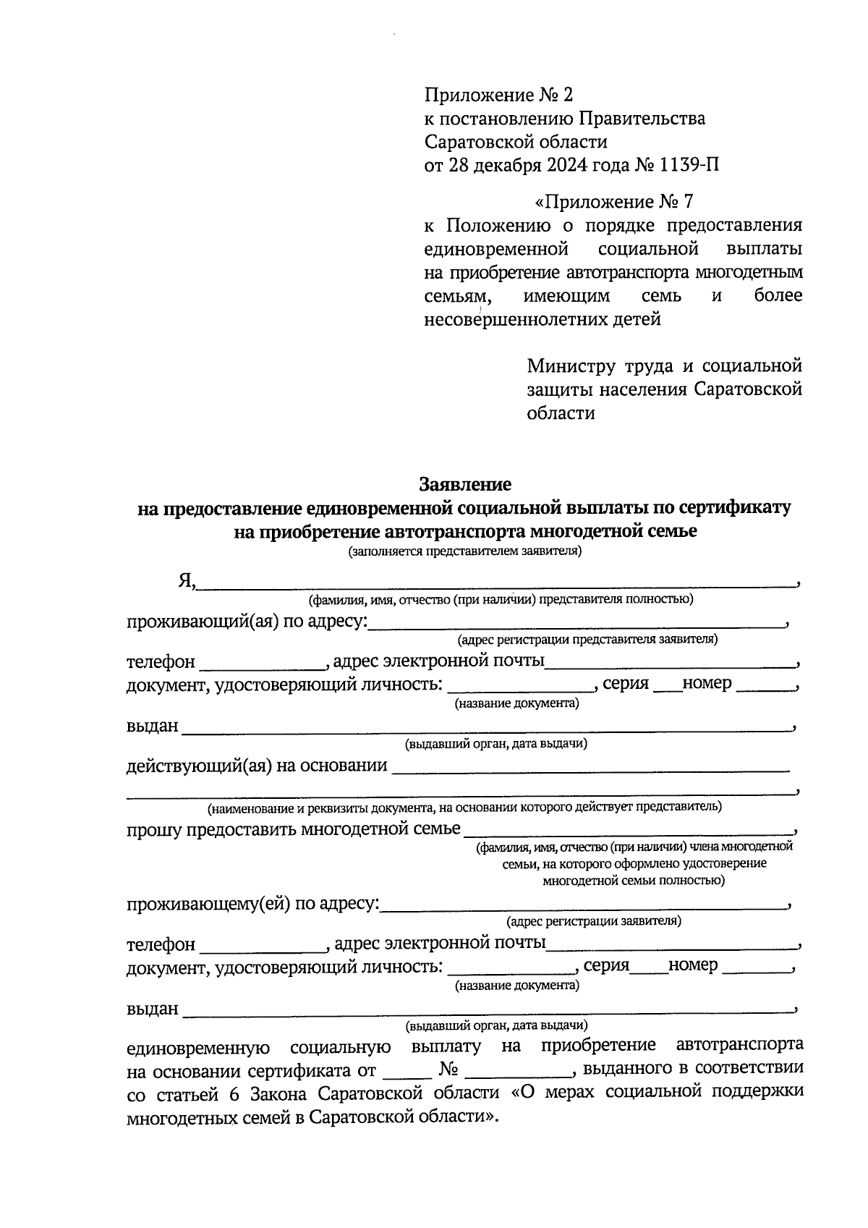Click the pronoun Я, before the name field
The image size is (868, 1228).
pyautogui.click(x=187, y=580)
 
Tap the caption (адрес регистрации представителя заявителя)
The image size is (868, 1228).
pyautogui.click(x=587, y=640)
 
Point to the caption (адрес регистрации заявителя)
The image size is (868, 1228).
pyautogui.click(x=593, y=922)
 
